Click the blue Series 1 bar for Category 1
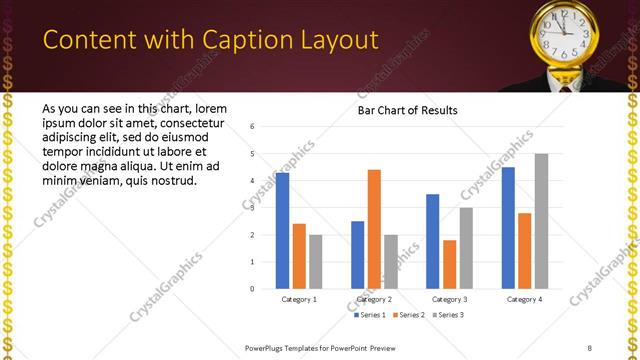282,231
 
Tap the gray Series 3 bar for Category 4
541,221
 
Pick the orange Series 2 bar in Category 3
449,264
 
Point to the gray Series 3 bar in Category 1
315,262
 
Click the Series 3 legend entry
447,314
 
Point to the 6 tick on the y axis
253,127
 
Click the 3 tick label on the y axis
253,208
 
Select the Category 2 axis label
374,299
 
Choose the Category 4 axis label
524,299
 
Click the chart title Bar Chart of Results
408,110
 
